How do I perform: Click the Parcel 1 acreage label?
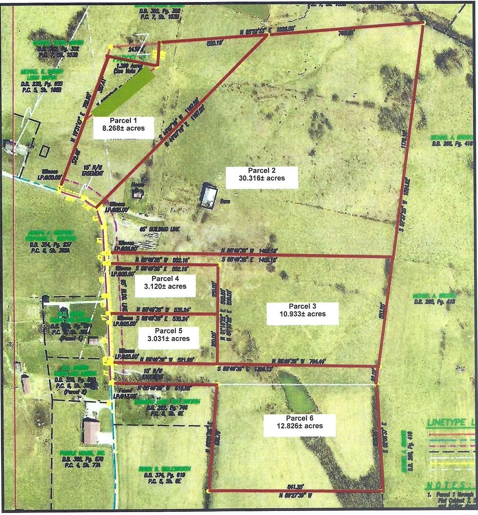click(x=123, y=128)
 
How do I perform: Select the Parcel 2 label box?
click(x=261, y=177)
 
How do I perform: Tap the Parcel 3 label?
click(x=302, y=313)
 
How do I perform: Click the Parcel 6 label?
click(x=299, y=425)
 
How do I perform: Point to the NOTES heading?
click(x=449, y=486)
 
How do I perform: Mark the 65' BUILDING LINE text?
click(x=159, y=230)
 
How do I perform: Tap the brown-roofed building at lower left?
click(x=91, y=432)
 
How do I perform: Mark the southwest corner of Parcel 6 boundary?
click(x=208, y=491)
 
